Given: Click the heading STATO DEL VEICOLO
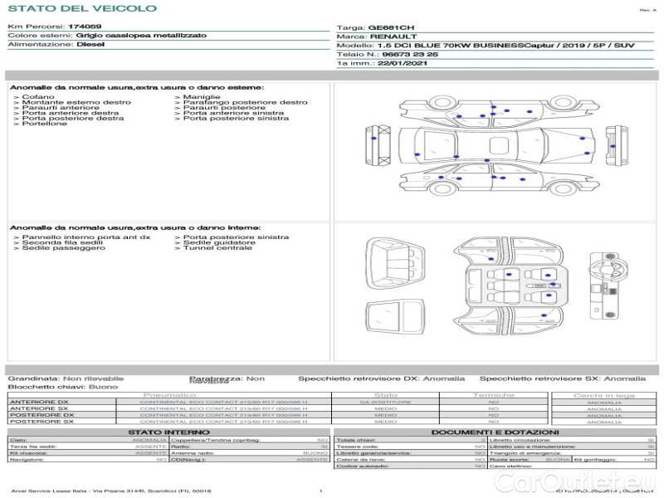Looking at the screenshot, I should point(81,8).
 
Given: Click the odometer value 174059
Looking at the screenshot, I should point(84,27).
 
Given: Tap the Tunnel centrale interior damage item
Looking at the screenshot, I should point(217,247).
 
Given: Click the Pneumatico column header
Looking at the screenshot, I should point(170,395).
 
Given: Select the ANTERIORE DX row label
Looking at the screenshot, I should point(39,402).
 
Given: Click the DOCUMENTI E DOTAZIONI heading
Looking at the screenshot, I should point(496,432).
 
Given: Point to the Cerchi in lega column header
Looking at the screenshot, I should point(603,395).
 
